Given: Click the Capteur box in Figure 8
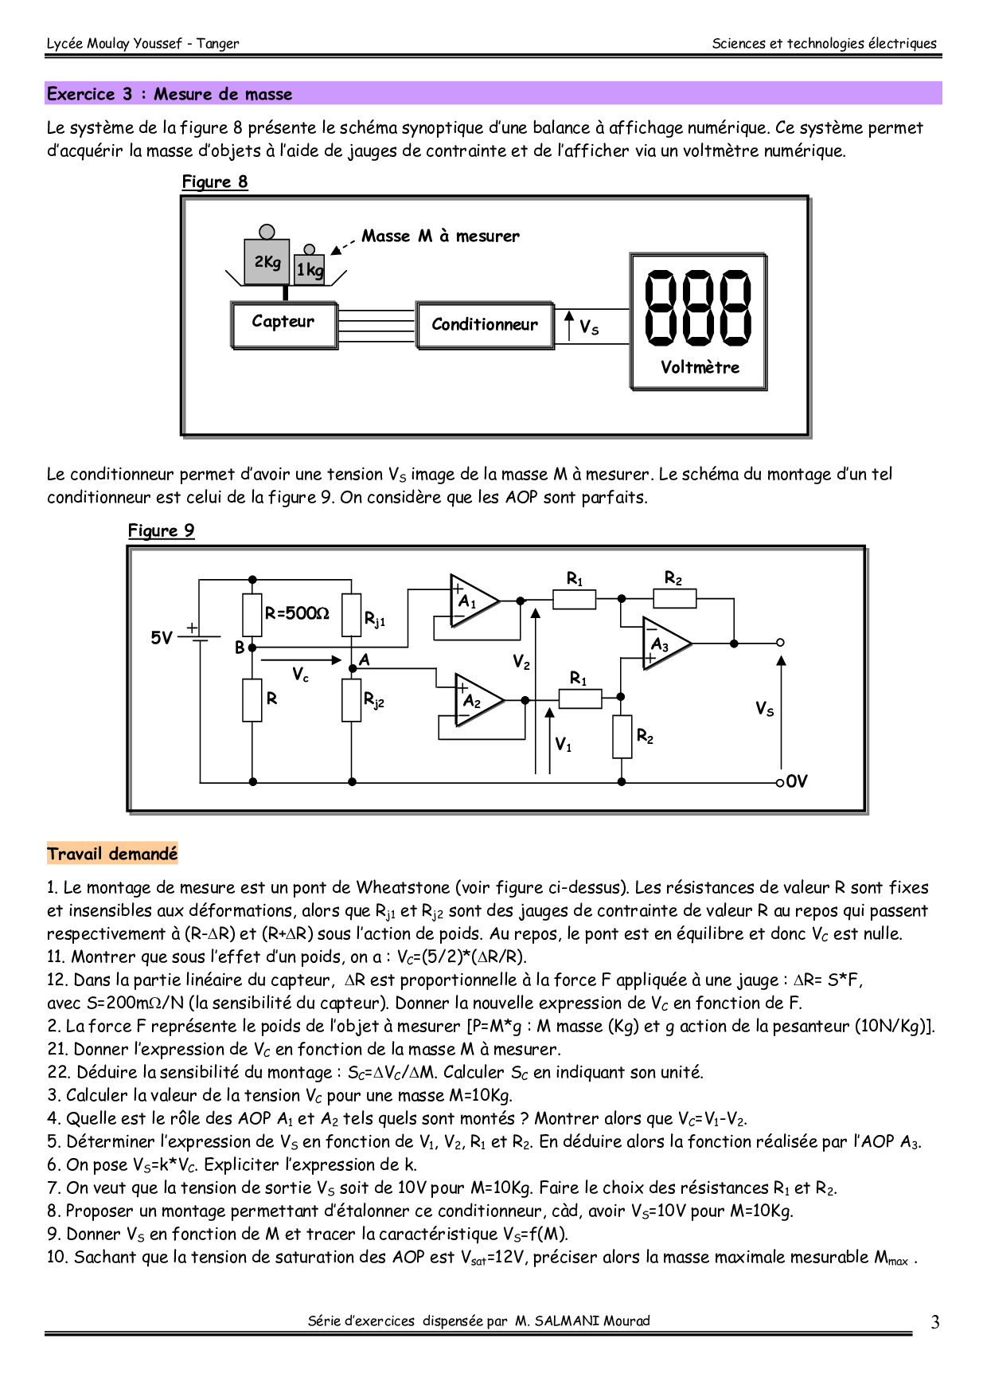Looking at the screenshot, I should (x=284, y=324).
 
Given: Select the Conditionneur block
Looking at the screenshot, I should (x=484, y=325).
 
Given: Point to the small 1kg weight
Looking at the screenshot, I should (x=310, y=270).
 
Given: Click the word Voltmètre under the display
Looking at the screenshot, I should (x=700, y=368).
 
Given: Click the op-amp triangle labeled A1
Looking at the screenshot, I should (x=471, y=601).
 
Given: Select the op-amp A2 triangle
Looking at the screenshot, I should (x=477, y=701).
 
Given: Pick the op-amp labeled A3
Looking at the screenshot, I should (x=665, y=644).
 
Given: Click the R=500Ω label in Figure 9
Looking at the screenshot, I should (x=296, y=613).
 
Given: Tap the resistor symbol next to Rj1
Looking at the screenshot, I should (x=351, y=615).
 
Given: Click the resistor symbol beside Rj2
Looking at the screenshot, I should (x=351, y=700).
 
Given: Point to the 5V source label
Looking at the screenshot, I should (x=162, y=638).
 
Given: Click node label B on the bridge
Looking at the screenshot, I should (x=239, y=648).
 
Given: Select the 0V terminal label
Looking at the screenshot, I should (x=797, y=781).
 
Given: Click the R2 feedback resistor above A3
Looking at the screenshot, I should (x=675, y=598).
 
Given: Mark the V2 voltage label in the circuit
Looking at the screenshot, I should (x=521, y=663).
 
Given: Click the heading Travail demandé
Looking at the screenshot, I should (x=112, y=854).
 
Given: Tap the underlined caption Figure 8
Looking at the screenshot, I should (x=215, y=182).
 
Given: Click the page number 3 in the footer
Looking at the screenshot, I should (x=935, y=1322).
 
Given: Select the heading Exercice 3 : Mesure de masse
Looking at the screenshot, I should (x=170, y=94).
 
